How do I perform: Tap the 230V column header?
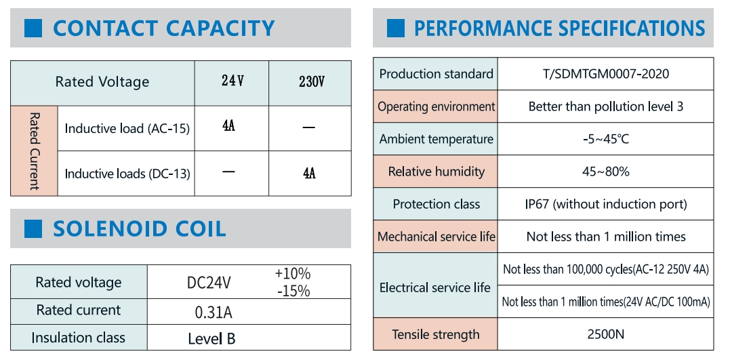pyautogui.click(x=311, y=82)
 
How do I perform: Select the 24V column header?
pyautogui.click(x=232, y=81)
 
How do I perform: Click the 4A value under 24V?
pyautogui.click(x=228, y=127)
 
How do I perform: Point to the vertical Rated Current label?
pyautogui.click(x=34, y=151)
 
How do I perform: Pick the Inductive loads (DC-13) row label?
pyautogui.click(x=127, y=174)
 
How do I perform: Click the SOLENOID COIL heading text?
pyautogui.click(x=139, y=229)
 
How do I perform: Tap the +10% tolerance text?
pyautogui.click(x=292, y=274)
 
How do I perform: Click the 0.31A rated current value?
pyautogui.click(x=214, y=312)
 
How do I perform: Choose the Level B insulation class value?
pyautogui.click(x=211, y=338)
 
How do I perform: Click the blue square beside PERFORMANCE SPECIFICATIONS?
pyautogui.click(x=395, y=28)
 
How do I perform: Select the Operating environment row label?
pyautogui.click(x=436, y=106)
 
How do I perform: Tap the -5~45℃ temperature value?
pyautogui.click(x=605, y=139)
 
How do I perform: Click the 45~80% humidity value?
pyautogui.click(x=605, y=172)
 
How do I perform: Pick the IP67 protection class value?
pyautogui.click(x=605, y=204)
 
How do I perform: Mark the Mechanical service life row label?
pyautogui.click(x=436, y=237)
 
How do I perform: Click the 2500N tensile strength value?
pyautogui.click(x=605, y=334)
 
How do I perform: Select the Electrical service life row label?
pyautogui.click(x=434, y=287)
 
